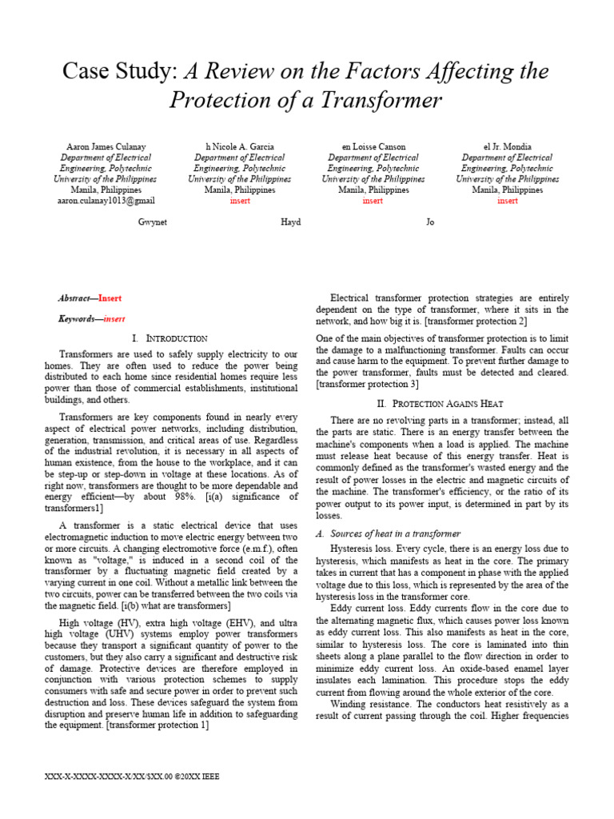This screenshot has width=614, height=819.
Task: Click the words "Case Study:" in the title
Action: point(121,71)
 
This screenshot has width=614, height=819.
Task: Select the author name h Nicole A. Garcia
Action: point(240,147)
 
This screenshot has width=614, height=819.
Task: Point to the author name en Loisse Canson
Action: point(373,147)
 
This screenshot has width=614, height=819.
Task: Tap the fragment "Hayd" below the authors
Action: point(291,222)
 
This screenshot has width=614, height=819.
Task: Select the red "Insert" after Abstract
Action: point(110,298)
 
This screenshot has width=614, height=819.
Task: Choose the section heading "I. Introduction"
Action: point(169,338)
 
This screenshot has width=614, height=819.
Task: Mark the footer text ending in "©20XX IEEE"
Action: point(134,776)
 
